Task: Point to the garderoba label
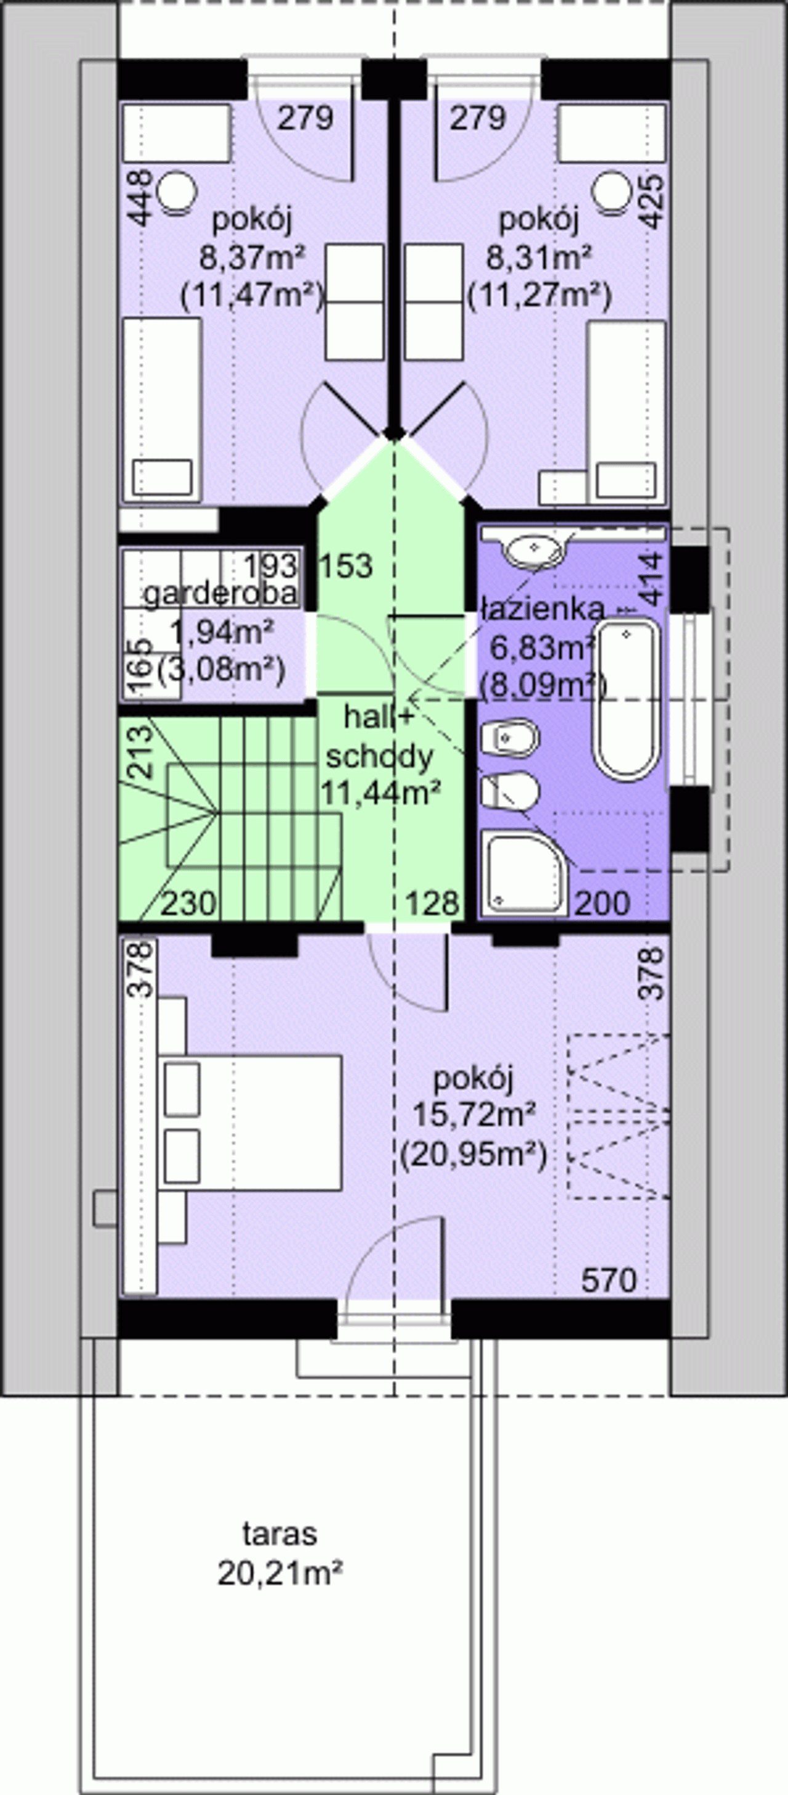tap(221, 594)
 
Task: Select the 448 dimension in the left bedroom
tap(142, 199)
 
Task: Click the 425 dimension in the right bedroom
tap(652, 201)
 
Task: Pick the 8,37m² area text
tap(253, 259)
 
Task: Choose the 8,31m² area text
tap(539, 259)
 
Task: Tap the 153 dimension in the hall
tap(345, 566)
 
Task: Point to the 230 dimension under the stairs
tap(189, 904)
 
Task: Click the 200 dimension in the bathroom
tap(603, 903)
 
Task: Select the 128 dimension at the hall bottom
tap(433, 903)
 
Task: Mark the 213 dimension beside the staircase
tap(142, 752)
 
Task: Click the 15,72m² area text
tap(475, 1114)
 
